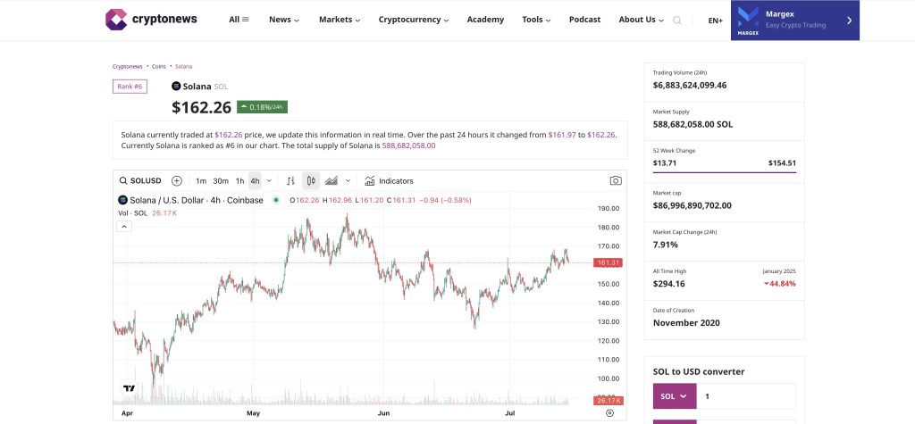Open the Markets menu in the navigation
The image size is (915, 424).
(340, 20)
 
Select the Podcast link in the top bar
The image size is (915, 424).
(584, 20)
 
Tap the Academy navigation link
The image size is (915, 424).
(485, 20)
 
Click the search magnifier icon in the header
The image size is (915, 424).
(676, 20)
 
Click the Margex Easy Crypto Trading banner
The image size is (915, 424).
(794, 20)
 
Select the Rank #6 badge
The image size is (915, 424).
(130, 87)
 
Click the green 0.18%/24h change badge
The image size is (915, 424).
(262, 107)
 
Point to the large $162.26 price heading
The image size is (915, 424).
(201, 108)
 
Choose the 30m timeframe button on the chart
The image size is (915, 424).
(220, 180)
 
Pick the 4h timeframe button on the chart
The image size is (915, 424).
(255, 180)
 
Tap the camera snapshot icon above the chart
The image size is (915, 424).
(616, 180)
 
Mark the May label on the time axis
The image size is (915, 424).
(253, 413)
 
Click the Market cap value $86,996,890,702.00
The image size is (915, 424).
(692, 205)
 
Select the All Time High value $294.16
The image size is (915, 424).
(668, 284)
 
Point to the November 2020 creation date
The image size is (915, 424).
(686, 322)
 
